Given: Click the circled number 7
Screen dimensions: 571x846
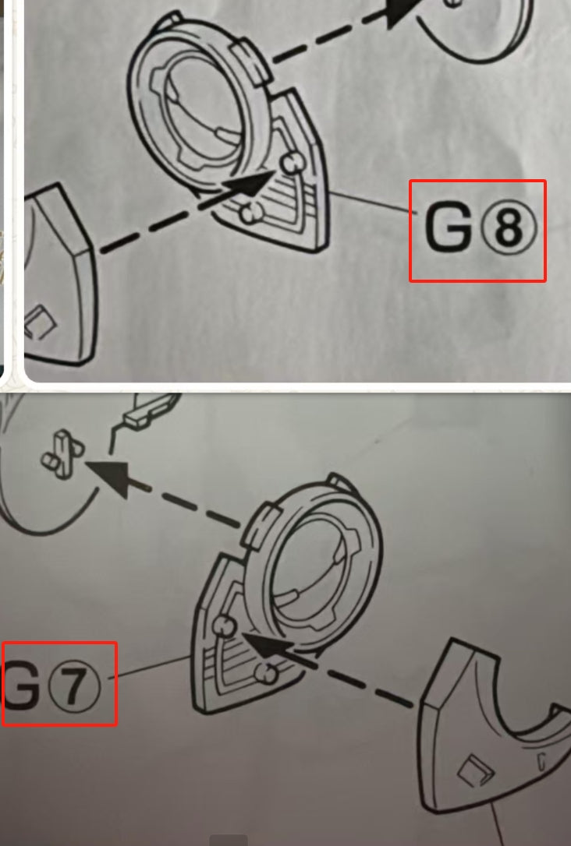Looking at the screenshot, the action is click(75, 685).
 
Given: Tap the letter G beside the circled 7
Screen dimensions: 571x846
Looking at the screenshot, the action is click(20, 683).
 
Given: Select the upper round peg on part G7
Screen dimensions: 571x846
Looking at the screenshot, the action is click(224, 626).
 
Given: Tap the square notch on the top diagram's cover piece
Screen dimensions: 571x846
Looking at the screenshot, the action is click(40, 322).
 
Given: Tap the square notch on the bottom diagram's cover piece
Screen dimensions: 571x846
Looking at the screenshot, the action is click(476, 769).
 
